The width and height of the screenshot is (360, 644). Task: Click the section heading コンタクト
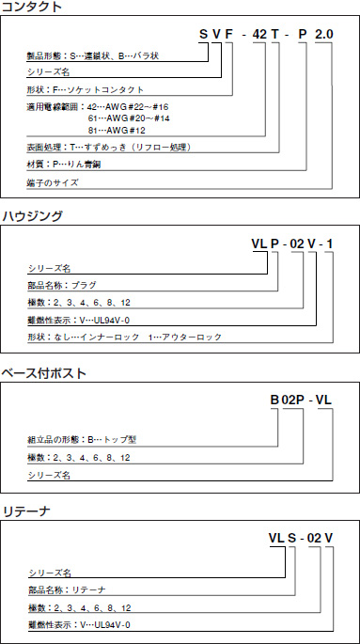pyautogui.click(x=32, y=8)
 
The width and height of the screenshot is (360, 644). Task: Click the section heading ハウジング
pyautogui.click(x=32, y=216)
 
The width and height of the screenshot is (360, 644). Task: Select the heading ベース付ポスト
pyautogui.click(x=45, y=372)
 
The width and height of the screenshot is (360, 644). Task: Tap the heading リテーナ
pyautogui.click(x=25, y=511)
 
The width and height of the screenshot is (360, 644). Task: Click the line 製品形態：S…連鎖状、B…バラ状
pyautogui.click(x=93, y=56)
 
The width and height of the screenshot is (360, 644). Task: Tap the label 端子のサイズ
pyautogui.click(x=54, y=182)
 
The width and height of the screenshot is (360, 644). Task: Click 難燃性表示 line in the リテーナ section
pyautogui.click(x=79, y=624)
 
